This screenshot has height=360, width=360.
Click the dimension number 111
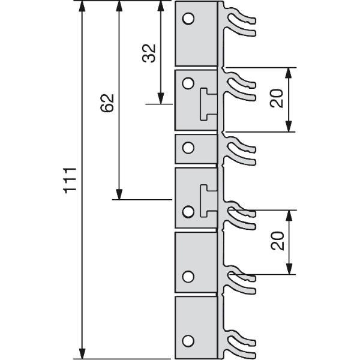click(x=70, y=181)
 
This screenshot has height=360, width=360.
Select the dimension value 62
click(x=107, y=103)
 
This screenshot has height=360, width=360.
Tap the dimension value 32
click(x=149, y=53)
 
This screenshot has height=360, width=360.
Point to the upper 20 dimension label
click(x=277, y=98)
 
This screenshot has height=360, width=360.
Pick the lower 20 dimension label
click(x=277, y=241)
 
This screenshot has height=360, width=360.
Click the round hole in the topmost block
click(x=188, y=19)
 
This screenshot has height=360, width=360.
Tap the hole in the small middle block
click(x=188, y=148)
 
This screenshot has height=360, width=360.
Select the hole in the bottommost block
click(x=188, y=341)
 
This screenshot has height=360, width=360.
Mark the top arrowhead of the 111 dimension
click(x=82, y=6)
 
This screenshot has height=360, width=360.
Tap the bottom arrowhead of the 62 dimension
click(x=119, y=194)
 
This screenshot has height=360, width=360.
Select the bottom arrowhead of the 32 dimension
click(x=161, y=98)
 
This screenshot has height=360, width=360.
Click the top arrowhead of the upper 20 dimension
click(x=289, y=73)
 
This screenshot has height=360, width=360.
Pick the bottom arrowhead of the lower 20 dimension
click(x=289, y=269)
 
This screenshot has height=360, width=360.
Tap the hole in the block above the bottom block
click(x=188, y=277)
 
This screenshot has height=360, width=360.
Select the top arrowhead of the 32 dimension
click(x=161, y=6)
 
